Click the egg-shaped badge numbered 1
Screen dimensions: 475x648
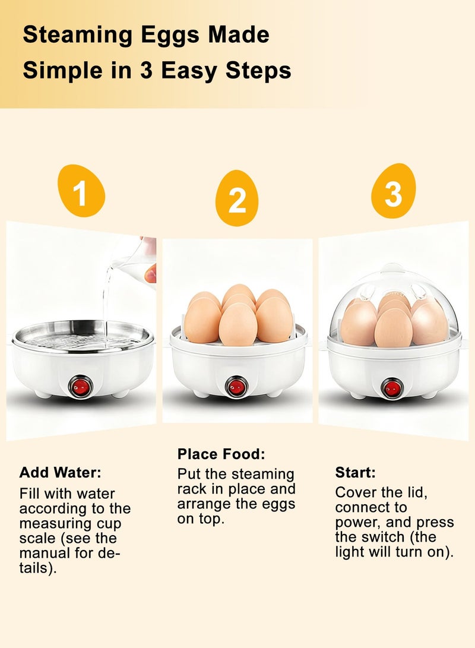pyautogui.click(x=81, y=191)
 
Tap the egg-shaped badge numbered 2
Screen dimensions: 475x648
pyautogui.click(x=237, y=198)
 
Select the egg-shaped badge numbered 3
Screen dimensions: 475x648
pyautogui.click(x=393, y=191)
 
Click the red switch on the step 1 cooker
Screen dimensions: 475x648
pyautogui.click(x=81, y=387)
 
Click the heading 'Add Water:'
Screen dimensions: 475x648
pyautogui.click(x=61, y=472)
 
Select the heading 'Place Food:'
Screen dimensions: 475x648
pyautogui.click(x=221, y=454)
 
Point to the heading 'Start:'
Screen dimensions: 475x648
pyautogui.click(x=355, y=472)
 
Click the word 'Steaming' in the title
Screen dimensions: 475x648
pyautogui.click(x=78, y=36)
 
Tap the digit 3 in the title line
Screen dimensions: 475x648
pyautogui.click(x=146, y=71)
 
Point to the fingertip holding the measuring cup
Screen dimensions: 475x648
pyautogui.click(x=151, y=273)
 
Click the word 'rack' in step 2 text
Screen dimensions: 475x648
pyautogui.click(x=192, y=489)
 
